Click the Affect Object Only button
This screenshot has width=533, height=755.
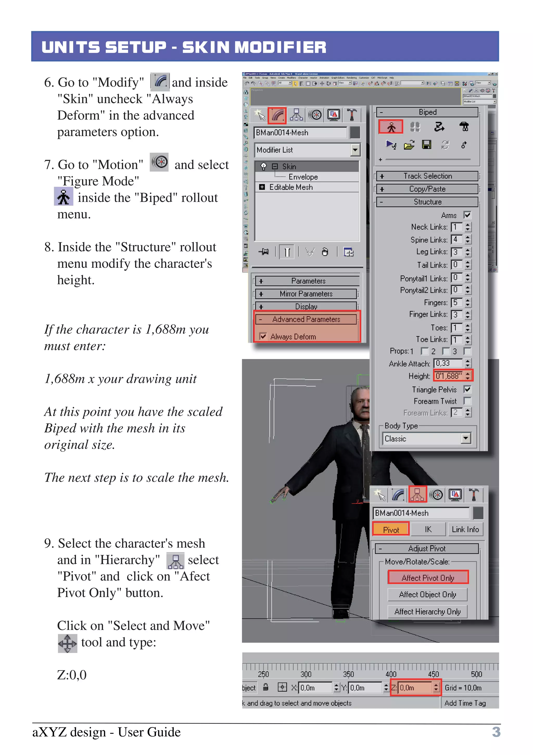pyautogui.click(x=427, y=595)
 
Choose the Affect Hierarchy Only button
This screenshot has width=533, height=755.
pyautogui.click(x=427, y=612)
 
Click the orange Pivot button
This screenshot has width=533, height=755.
pyautogui.click(x=391, y=530)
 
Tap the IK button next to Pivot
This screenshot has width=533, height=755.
pyautogui.click(x=428, y=529)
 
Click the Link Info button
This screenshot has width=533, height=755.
pyautogui.click(x=465, y=529)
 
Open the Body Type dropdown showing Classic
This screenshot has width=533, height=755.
pyautogui.click(x=466, y=438)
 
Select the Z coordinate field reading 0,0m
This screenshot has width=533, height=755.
pyautogui.click(x=414, y=688)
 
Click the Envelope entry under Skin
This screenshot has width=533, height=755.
pyautogui.click(x=303, y=177)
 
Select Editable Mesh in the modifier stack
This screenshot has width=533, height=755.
pyautogui.click(x=291, y=187)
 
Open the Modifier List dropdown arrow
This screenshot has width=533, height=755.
pyautogui.click(x=355, y=150)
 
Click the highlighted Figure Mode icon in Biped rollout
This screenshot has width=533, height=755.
pyautogui.click(x=391, y=127)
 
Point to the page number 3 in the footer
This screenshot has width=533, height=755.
pyautogui.click(x=496, y=732)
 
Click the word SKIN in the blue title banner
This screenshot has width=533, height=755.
pyautogui.click(x=206, y=47)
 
